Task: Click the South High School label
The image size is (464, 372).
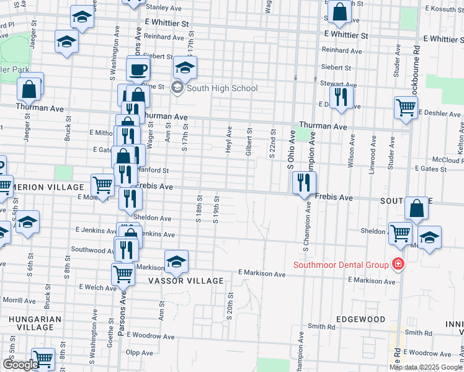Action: [222, 88]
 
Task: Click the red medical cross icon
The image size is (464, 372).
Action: [398, 265]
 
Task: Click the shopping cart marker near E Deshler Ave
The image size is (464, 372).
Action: [406, 108]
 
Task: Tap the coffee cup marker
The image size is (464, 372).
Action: [139, 69]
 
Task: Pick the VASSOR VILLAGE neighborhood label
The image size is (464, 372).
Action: [185, 281]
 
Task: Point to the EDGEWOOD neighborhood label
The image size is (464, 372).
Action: [360, 319]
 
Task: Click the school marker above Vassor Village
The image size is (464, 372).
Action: [177, 262]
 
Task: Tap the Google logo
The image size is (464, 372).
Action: [20, 365]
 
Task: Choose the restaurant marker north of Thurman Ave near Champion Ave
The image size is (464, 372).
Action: [341, 97]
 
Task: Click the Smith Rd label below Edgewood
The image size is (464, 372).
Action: [321, 326]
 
